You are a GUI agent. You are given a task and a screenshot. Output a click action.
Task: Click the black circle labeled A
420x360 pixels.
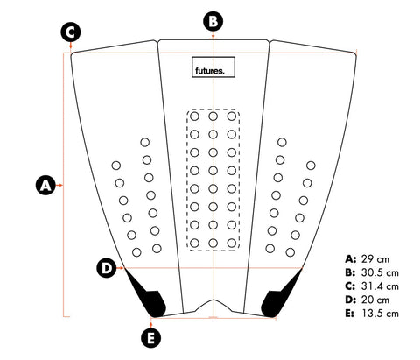pos(45,185)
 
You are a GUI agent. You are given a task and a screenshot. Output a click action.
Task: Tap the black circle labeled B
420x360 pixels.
pos(213,21)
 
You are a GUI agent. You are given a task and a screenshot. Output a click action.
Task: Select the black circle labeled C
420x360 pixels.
pos(71,32)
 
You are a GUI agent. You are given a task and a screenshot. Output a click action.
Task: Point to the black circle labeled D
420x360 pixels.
pos(107,267)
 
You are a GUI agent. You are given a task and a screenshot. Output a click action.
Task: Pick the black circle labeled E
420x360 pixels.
pos(150,338)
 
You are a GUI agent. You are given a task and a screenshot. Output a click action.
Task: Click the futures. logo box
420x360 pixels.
pos(213,67)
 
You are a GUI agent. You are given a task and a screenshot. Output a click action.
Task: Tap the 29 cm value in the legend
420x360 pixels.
pos(375,259)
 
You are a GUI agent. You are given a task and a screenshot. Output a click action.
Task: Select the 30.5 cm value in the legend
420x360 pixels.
pos(380,272)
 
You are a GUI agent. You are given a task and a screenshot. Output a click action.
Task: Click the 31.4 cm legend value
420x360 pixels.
pos(380,286)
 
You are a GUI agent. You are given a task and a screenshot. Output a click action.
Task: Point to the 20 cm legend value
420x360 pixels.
pos(375,300)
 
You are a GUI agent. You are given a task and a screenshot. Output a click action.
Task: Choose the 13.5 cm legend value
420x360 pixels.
pos(380,314)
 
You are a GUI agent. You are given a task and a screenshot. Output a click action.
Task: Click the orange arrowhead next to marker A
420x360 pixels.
pos(60,185)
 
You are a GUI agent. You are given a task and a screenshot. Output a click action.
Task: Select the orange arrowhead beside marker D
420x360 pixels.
pos(122,267)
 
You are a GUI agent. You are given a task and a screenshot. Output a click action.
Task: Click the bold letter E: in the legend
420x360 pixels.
pos(350,314)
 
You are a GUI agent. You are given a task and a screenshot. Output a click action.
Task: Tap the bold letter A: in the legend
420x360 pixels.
pos(350,259)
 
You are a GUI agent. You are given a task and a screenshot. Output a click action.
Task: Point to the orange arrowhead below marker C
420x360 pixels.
pos(71,46)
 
